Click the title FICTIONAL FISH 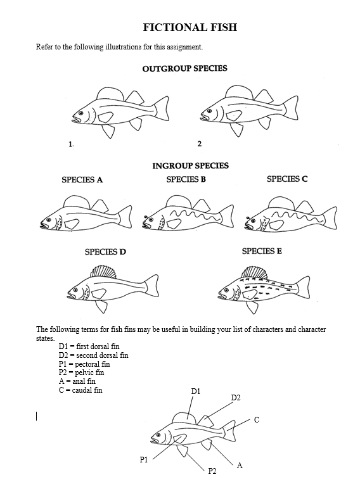(180, 28)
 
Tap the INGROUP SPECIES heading (190, 166)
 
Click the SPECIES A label (82, 180)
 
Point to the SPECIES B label (186, 179)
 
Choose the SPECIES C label (287, 179)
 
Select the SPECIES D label (105, 252)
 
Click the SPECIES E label (262, 251)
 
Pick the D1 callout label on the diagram (196, 392)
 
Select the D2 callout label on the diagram (235, 398)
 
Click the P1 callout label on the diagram (144, 459)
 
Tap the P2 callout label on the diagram (212, 472)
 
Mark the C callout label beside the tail (256, 420)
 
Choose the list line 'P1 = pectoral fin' (84, 364)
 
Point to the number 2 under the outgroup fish (199, 144)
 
